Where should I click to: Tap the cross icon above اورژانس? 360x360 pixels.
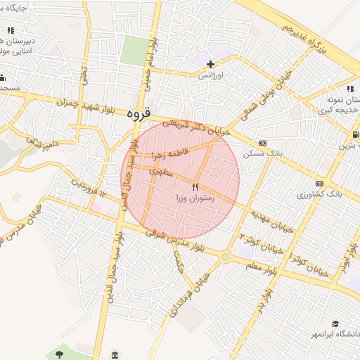[210, 65]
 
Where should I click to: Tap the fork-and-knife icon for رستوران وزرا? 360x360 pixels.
[195, 187]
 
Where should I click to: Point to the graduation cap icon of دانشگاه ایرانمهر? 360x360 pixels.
[336, 323]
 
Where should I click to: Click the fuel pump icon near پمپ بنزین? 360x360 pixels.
[356, 135]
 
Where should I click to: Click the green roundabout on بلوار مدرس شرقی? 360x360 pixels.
[224, 257]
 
